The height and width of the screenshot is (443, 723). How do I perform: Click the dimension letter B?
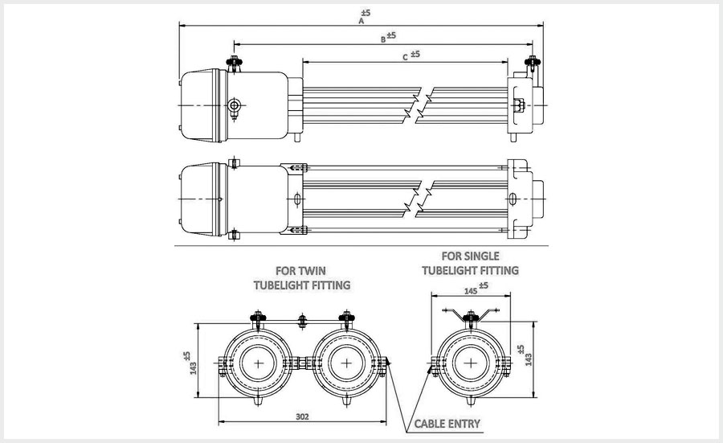(383, 39)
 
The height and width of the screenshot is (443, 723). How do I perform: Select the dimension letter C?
(403, 57)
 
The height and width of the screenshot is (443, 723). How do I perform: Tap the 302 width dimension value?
(302, 417)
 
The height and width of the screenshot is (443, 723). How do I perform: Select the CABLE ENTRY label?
(447, 423)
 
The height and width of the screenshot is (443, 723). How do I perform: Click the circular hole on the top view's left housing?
(234, 105)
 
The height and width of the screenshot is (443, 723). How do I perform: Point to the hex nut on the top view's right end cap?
(518, 105)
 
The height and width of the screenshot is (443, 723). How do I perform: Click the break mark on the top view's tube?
(423, 105)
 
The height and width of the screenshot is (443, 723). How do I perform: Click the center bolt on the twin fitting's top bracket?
(302, 321)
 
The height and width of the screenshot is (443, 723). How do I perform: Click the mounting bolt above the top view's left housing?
(233, 63)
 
